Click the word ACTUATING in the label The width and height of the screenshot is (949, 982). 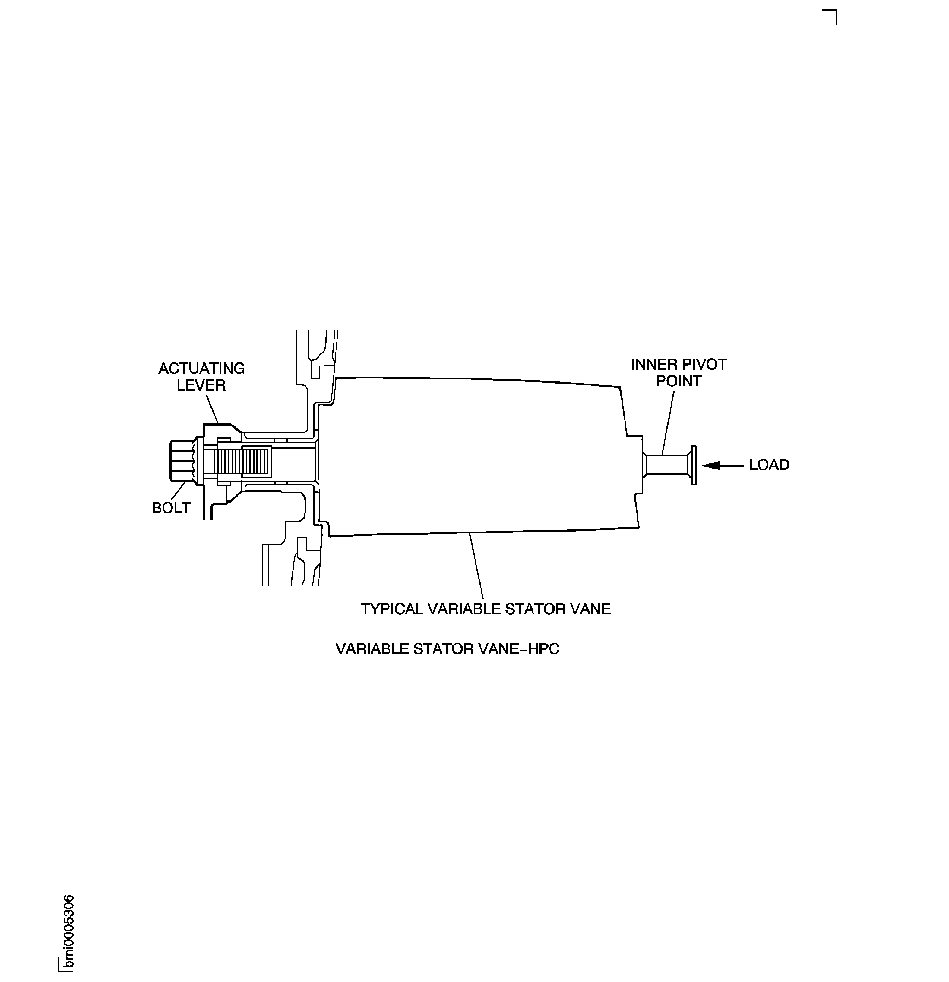pos(201,369)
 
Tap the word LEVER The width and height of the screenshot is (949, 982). pos(201,385)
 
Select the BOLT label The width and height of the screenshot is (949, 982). pos(171,508)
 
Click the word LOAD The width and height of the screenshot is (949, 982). pos(769,465)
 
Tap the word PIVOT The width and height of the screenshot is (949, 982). pos(703,364)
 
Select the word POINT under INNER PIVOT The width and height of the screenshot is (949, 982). pos(679,381)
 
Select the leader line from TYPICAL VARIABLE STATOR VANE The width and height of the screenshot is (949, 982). pos(476,566)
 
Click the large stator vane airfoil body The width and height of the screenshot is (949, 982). pos(476,456)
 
